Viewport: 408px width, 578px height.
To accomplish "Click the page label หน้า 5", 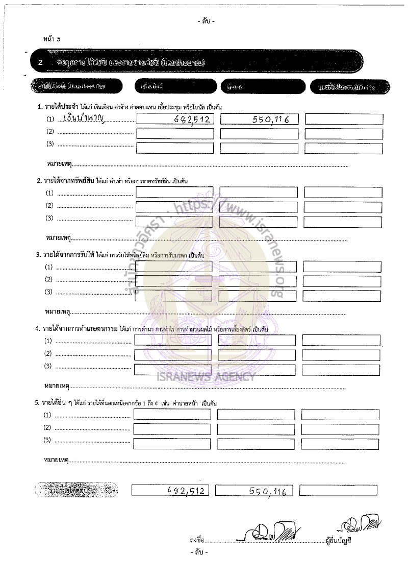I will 52,38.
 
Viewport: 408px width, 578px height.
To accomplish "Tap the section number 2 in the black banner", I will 41,63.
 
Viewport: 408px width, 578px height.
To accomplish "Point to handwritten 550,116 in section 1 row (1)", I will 270,120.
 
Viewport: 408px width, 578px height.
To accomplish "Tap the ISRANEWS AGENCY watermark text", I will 214,378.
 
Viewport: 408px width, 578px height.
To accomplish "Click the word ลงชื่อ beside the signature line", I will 196,540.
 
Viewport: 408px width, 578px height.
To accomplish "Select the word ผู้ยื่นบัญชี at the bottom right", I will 339,540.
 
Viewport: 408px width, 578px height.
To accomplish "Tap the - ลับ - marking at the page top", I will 206,21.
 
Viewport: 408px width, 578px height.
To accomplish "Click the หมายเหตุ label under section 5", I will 56,461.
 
